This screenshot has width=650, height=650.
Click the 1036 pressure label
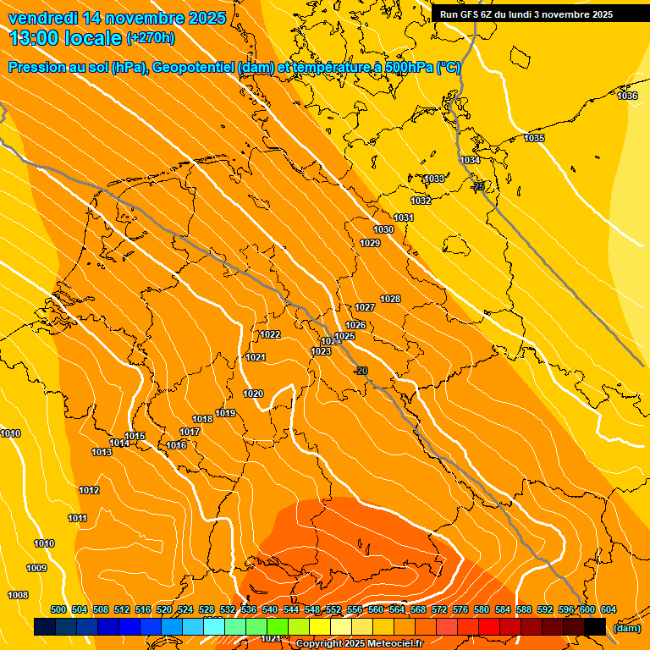[x=627, y=96]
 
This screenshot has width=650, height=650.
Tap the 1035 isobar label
[x=534, y=139]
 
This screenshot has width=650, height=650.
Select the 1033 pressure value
[x=434, y=179]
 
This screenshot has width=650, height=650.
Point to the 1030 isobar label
[x=383, y=229]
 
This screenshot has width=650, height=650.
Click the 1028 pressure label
[x=390, y=299]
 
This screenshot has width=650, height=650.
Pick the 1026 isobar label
[x=355, y=326]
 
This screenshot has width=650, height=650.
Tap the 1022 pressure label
[x=270, y=334]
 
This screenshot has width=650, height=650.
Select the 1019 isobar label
[x=225, y=413]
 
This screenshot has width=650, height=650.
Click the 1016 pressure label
[x=176, y=445]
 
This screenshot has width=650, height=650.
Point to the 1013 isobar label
[x=102, y=452]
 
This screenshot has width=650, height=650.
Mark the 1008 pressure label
[x=18, y=595]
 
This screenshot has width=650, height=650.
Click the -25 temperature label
[x=478, y=186]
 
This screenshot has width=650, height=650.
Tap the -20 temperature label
[x=361, y=371]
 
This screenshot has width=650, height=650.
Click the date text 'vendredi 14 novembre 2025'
[x=117, y=18]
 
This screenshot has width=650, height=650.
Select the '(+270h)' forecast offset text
[x=151, y=38]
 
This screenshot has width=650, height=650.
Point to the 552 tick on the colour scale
[x=333, y=610]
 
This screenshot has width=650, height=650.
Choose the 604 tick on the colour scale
[x=608, y=610]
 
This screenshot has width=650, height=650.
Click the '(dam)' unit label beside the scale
[x=626, y=627]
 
